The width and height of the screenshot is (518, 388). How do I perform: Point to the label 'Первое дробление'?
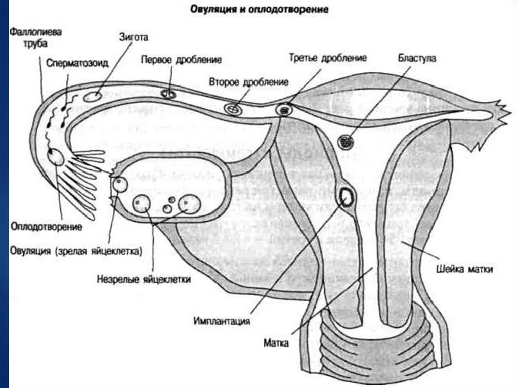pyautogui.click(x=181, y=59)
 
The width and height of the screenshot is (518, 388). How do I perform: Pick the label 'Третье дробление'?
pyautogui.click(x=328, y=58)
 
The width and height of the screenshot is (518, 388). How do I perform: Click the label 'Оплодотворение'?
pyautogui.click(x=46, y=227)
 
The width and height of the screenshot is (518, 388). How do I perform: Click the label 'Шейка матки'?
pyautogui.click(x=463, y=269)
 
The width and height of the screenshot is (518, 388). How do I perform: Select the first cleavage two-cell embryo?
pyautogui.click(x=169, y=94)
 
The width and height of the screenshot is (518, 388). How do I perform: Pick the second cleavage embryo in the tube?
pyautogui.click(x=233, y=109)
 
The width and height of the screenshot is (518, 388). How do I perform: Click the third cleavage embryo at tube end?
pyautogui.click(x=284, y=109)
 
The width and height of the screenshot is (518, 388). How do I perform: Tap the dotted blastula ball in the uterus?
pyautogui.click(x=346, y=141)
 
